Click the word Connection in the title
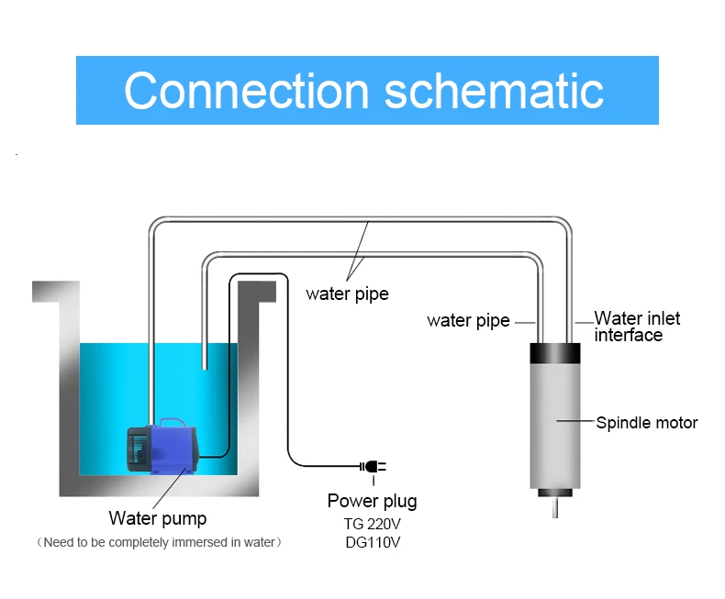point(245,90)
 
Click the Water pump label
point(158,519)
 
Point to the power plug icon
point(374,467)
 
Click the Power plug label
point(372,501)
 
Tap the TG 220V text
point(372,525)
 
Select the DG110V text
point(372,542)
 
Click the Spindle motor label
point(647,423)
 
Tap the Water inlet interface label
point(637,327)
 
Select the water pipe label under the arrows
point(347,294)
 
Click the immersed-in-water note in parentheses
point(158,542)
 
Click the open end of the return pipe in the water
point(204,369)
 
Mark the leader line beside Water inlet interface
point(584,323)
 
